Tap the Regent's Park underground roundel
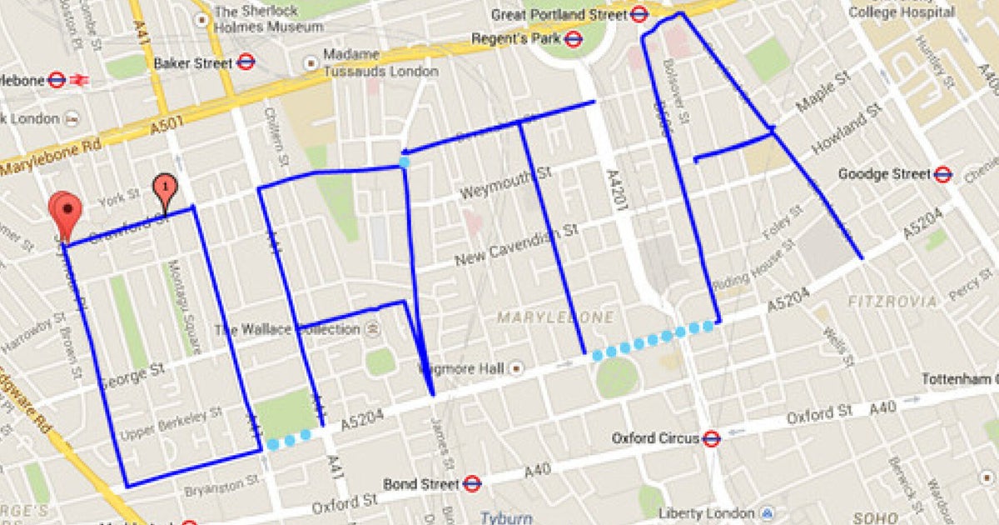[x=572, y=38]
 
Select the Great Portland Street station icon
[x=639, y=14]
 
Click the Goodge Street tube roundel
[x=942, y=174]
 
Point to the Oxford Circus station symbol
[x=710, y=437]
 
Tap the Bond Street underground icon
[x=472, y=483]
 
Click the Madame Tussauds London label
[x=380, y=62]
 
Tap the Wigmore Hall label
[x=463, y=368]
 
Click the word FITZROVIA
[x=892, y=301]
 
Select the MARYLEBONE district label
[x=555, y=317]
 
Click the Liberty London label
[x=705, y=512]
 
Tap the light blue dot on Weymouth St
[x=404, y=162]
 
